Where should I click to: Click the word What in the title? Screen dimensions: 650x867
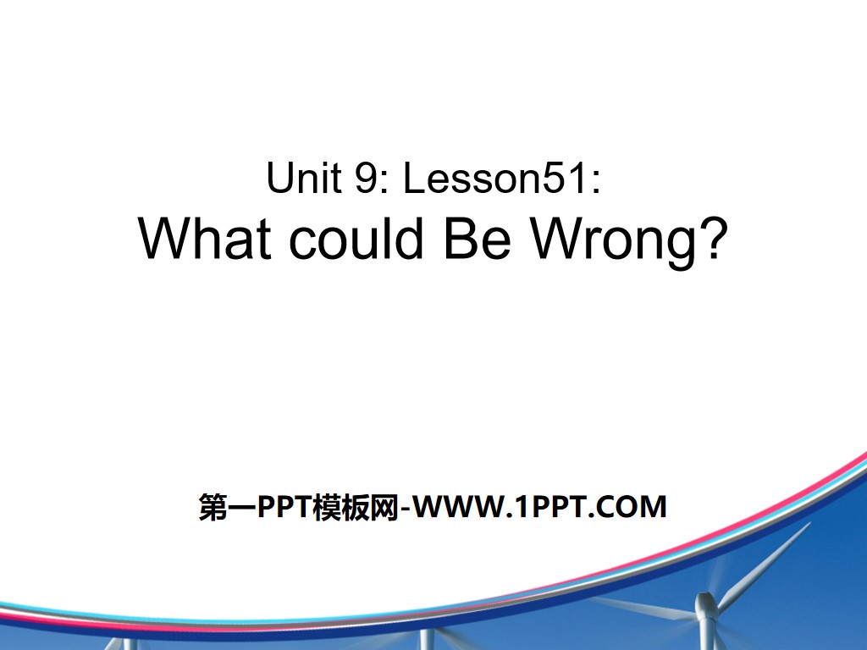tap(207, 239)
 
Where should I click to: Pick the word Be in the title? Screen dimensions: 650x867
tap(478, 239)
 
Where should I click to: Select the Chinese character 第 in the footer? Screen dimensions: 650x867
tap(212, 507)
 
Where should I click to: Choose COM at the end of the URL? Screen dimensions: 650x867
tap(633, 507)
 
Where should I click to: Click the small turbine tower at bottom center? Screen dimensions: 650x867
tap(426, 640)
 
